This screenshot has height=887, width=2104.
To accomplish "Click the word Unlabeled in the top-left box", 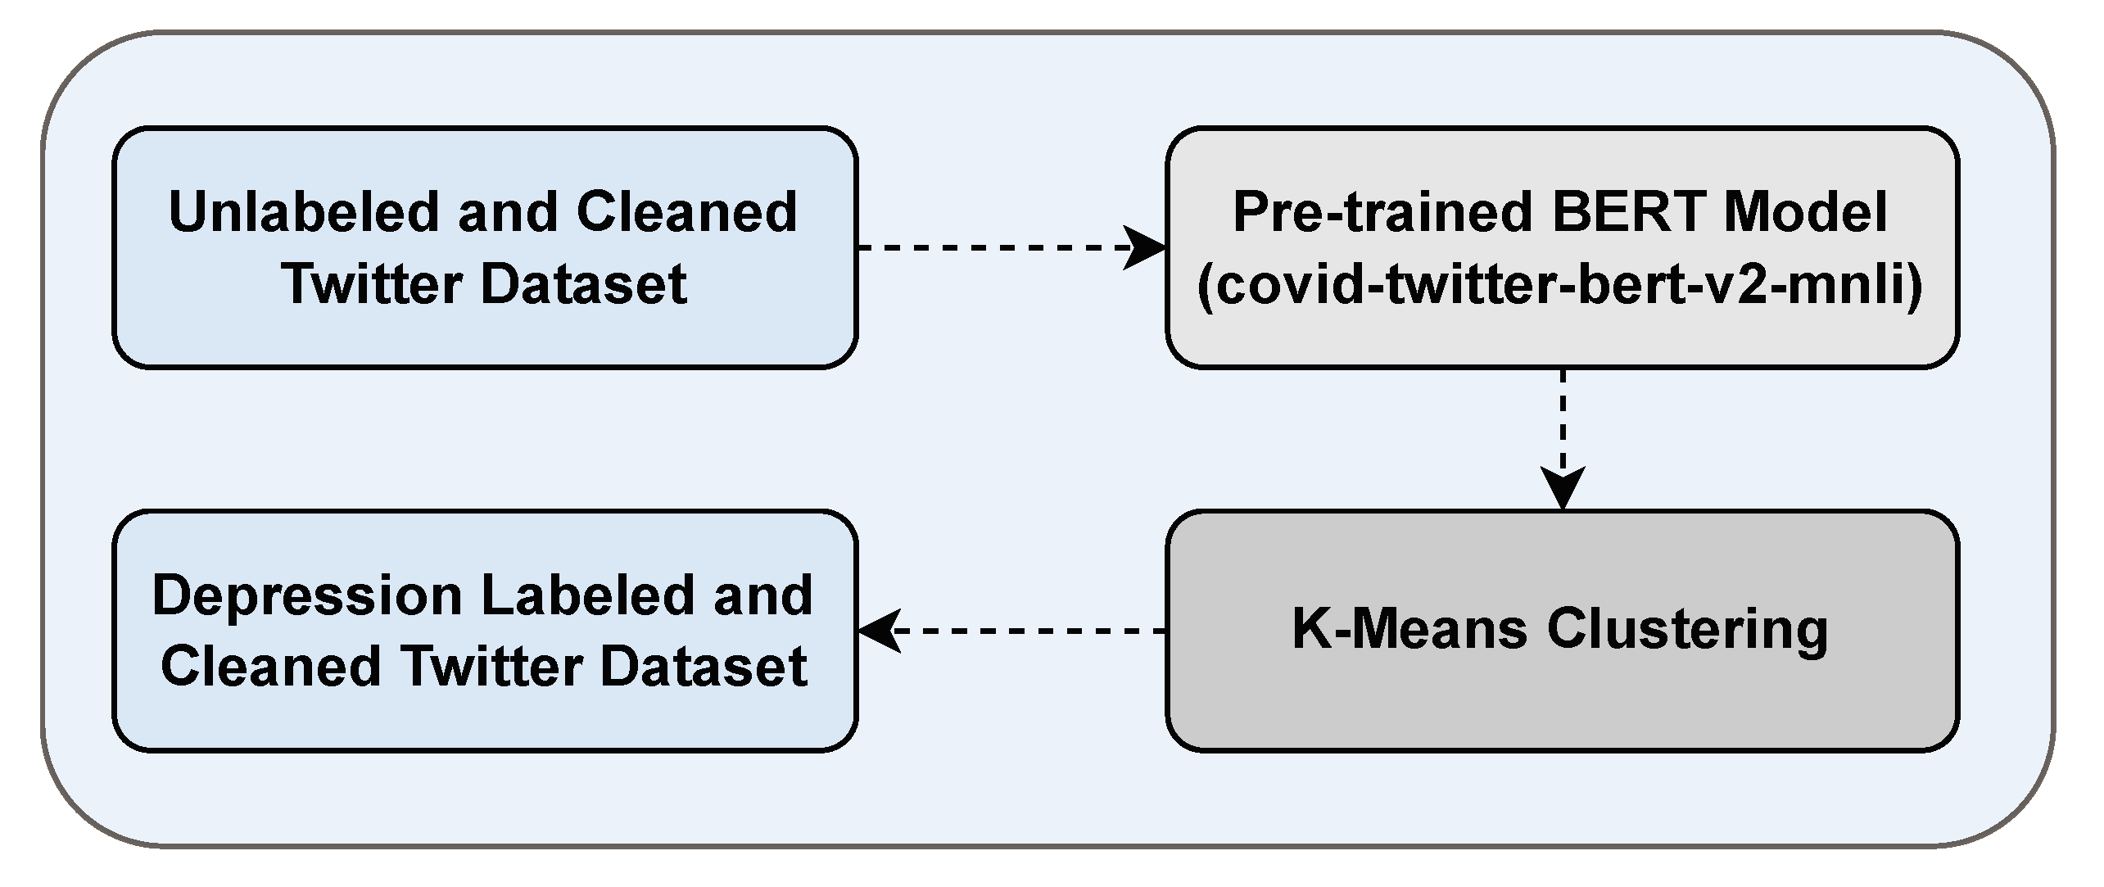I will pos(305,212).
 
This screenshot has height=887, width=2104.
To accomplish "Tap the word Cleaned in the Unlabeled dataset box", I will pos(686,212).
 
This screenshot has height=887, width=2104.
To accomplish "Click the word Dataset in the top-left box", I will pos(583,284).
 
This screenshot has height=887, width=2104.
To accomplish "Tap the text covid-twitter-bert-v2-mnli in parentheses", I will pos(1560,285).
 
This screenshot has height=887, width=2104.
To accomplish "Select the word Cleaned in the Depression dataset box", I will pos(271,666).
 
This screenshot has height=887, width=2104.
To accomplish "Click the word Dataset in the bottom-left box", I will pos(704,666).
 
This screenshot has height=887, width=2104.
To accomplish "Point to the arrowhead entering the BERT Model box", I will pos(1147,247).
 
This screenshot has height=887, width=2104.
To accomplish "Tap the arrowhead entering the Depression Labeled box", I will pos(878,631).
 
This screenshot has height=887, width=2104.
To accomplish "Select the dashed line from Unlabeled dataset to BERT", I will pos(983,247).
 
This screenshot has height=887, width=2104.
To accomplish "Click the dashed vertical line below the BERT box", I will pos(1563,418).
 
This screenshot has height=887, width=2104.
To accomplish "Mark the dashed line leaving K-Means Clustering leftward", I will pos(1032,631).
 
